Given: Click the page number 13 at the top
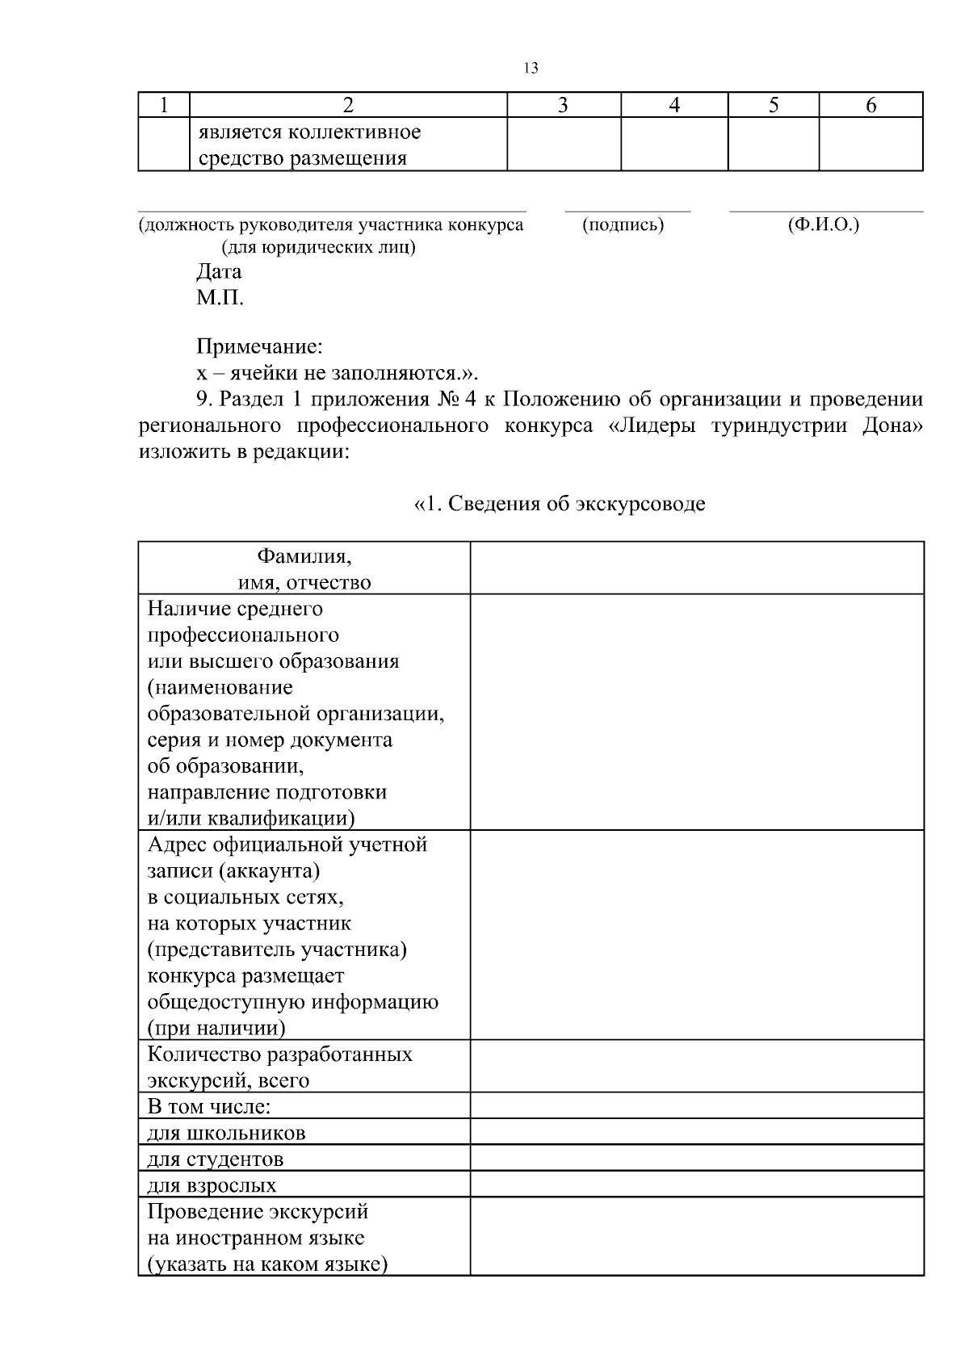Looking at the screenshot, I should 531,68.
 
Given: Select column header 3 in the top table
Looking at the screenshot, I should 563,105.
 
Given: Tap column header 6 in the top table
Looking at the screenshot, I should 870,105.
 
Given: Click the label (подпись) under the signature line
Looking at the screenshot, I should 623,225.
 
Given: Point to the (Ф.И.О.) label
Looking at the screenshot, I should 824,225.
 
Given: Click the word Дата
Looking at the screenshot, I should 219,271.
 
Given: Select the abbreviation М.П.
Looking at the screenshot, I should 220,298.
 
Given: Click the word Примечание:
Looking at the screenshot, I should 259,347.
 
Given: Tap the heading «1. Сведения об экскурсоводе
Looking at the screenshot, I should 559,504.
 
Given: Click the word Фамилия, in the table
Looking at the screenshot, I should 304,556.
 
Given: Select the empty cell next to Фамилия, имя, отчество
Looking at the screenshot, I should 696,568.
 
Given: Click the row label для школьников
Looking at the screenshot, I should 226,1133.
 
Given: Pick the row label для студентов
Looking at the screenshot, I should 216,1159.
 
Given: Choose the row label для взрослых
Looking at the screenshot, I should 212,1185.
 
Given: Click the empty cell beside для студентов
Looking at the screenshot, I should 696,1158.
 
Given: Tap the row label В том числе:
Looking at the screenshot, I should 208,1106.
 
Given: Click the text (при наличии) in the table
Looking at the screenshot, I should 216,1028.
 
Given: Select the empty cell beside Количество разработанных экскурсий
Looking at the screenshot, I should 696,1067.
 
